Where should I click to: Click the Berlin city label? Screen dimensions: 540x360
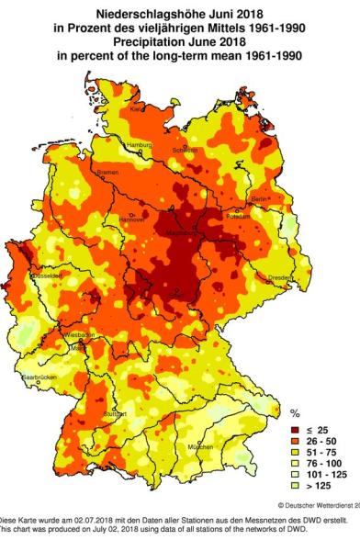coord(260,198)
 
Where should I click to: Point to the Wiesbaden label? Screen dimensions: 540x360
coord(81,336)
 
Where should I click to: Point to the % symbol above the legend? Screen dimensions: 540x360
coord(295,413)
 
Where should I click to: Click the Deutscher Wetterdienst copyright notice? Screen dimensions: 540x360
coord(317,506)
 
